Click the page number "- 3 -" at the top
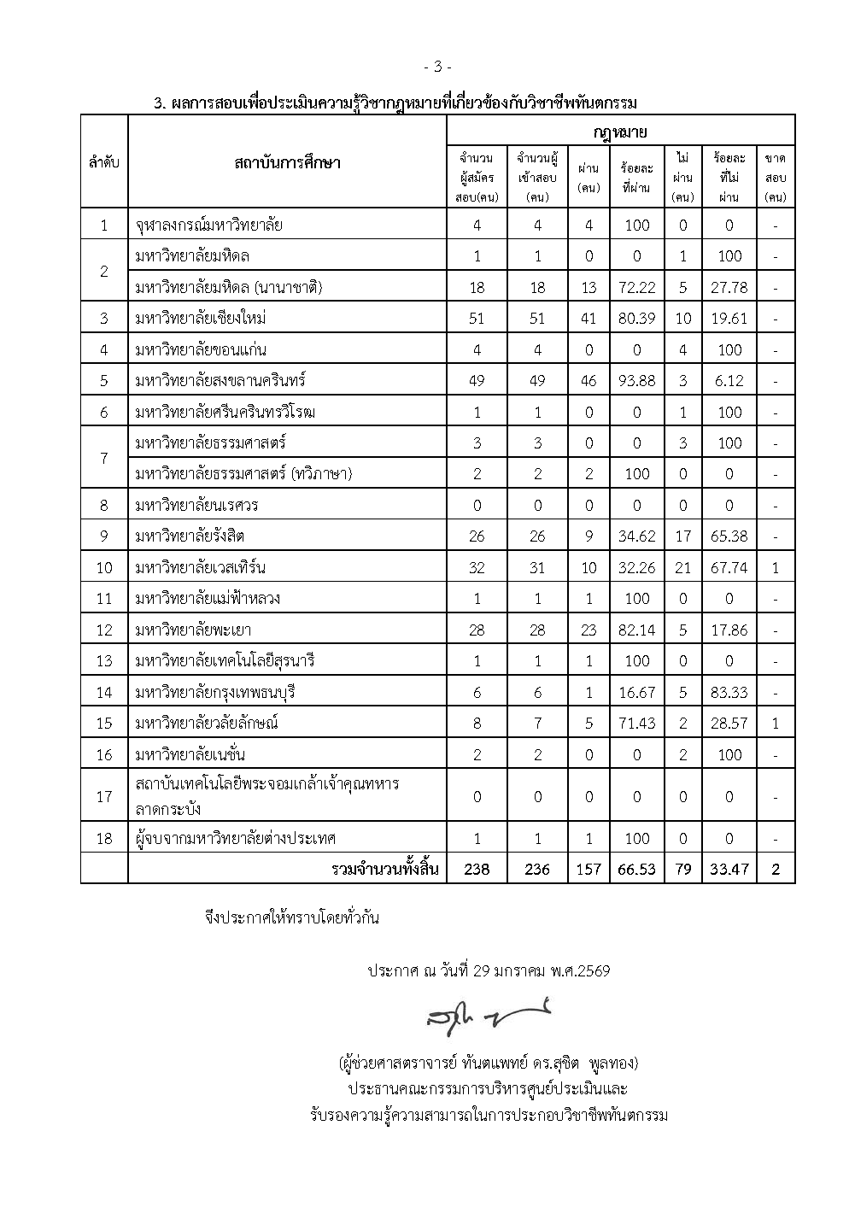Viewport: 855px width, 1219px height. point(436,67)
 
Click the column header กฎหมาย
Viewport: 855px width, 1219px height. point(620,132)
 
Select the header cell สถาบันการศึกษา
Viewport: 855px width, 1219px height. point(287,162)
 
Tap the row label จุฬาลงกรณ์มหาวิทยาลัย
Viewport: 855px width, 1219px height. point(209,226)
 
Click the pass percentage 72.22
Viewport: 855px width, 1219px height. point(637,288)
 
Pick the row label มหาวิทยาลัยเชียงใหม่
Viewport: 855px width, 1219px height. point(202,319)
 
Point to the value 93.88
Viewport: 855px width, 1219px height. point(637,381)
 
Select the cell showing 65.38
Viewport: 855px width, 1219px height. point(729,536)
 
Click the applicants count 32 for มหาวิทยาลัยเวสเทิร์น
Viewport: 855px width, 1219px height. point(477,567)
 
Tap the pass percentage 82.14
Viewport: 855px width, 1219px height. point(637,630)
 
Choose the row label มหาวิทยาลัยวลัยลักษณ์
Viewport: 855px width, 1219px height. point(208,724)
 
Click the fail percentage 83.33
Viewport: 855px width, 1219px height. point(729,692)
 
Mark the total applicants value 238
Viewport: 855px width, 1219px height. point(477,870)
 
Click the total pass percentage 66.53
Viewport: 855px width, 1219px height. point(637,870)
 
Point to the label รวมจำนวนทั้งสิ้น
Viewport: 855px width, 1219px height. point(385,870)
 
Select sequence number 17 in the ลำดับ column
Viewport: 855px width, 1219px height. point(104,796)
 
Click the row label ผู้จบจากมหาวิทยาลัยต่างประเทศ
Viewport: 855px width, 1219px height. point(236,838)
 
